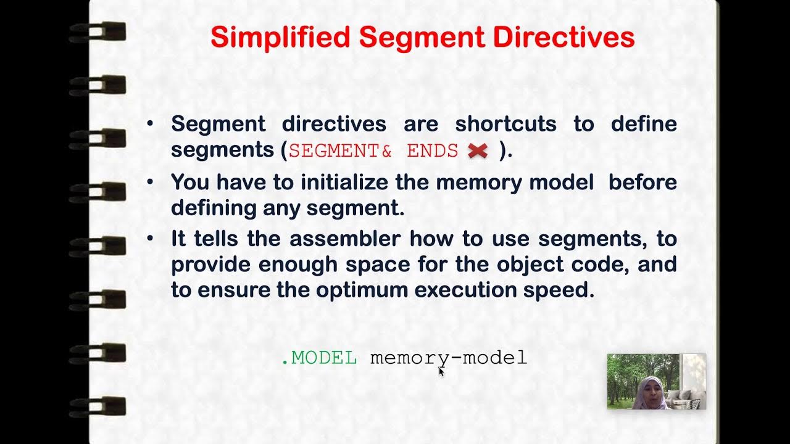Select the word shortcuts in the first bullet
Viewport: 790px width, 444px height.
[x=505, y=124]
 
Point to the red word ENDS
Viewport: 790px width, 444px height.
[x=432, y=151]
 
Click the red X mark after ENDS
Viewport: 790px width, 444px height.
[x=478, y=151]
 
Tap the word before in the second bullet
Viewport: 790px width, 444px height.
[x=642, y=183]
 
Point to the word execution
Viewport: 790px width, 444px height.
[x=465, y=290]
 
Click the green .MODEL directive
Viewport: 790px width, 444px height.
[x=319, y=358]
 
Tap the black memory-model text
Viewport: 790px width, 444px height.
[x=449, y=358]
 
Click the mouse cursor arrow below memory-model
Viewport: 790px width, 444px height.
[x=441, y=371]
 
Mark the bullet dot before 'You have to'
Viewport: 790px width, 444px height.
[x=150, y=183]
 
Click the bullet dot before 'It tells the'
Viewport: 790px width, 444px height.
[x=150, y=238]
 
